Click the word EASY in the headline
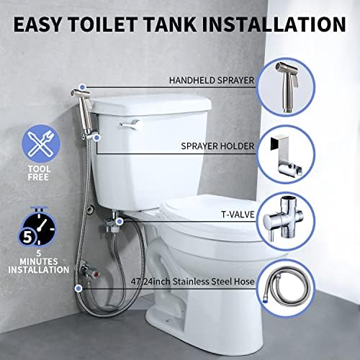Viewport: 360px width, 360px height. [37, 24]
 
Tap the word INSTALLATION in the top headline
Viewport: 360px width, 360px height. [274, 24]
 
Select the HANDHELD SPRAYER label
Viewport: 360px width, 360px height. [212, 81]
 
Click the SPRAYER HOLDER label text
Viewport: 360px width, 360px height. [217, 146]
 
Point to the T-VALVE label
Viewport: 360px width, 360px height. [238, 215]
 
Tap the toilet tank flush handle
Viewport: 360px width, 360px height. [130, 125]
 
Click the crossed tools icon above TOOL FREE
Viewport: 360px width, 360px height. [41, 144]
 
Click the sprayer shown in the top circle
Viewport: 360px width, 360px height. [287, 86]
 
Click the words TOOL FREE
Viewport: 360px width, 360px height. [39, 173]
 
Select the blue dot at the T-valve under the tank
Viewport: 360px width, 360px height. [120, 221]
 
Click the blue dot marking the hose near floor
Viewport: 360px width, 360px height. [78, 289]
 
